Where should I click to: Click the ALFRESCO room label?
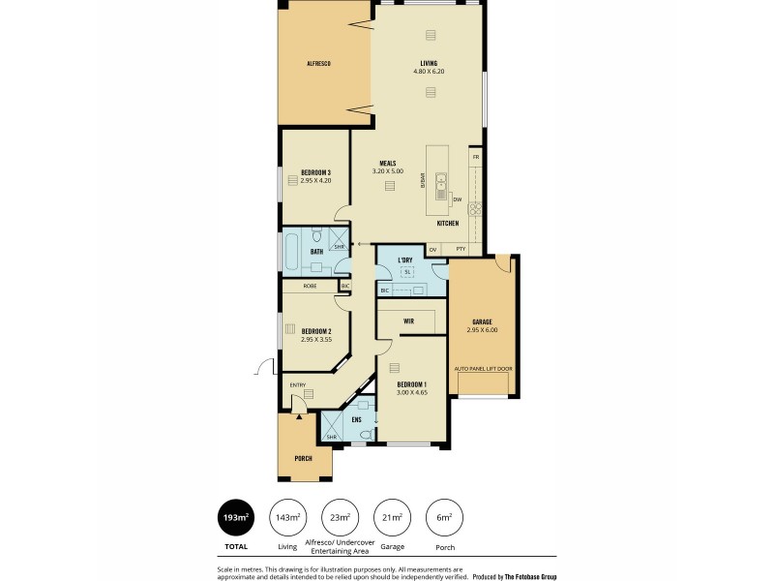pos(319,63)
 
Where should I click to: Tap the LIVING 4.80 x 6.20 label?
pos(430,67)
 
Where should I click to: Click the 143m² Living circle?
pos(287,518)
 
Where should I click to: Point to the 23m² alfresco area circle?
pos(340,518)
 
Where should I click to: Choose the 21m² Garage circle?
pos(390,518)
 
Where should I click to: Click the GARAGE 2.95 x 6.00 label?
pos(484,325)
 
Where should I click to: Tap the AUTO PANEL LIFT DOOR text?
pos(484,369)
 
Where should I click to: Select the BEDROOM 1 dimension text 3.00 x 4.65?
pos(412,392)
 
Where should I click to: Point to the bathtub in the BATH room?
pos(292,252)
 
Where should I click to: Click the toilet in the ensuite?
pos(365,435)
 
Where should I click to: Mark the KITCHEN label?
pos(447,224)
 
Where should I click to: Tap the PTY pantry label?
pos(461,249)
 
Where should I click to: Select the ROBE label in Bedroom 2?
pos(309,287)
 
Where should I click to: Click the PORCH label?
pos(303,458)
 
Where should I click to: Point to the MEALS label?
pos(388,164)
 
